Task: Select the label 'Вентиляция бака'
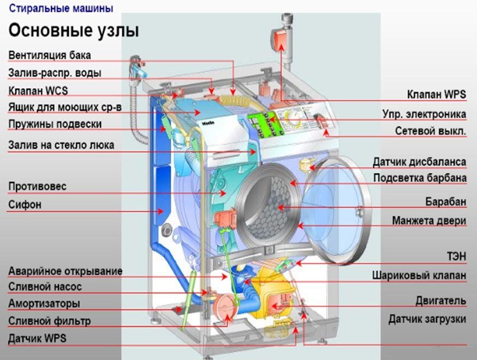point(49,55)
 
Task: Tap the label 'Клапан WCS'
point(38,90)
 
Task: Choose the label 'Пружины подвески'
point(55,124)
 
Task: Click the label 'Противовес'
point(37,187)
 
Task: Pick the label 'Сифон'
point(25,205)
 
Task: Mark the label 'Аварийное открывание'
point(65,271)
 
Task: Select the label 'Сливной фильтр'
point(49,321)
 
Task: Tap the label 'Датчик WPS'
point(37,338)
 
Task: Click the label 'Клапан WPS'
point(436,95)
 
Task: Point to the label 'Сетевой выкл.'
point(431,131)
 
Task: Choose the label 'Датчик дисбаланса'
point(420,162)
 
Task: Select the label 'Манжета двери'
point(429,221)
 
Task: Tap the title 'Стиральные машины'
point(61,8)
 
